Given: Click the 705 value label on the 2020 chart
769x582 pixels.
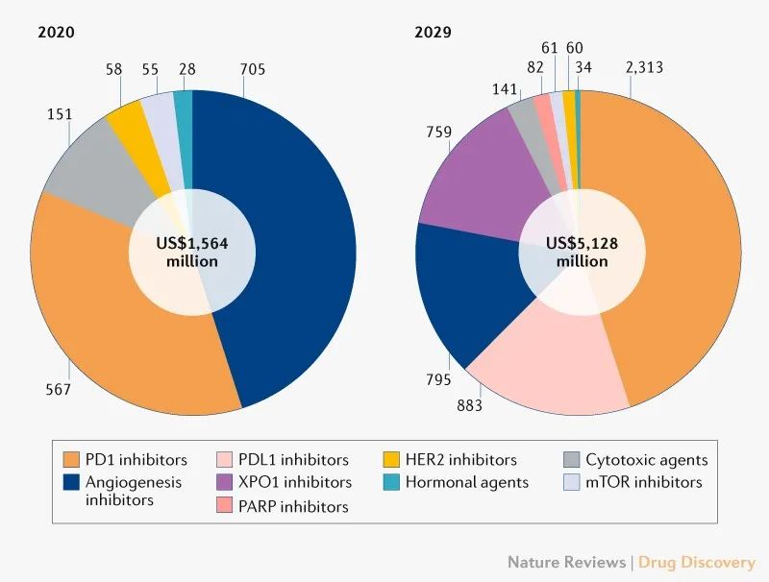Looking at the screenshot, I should (x=253, y=69).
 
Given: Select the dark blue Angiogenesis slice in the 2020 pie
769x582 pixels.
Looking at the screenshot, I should (x=288, y=240).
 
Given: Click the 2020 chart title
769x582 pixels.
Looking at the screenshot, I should (x=56, y=33).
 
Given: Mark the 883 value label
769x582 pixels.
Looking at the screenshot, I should (x=468, y=406).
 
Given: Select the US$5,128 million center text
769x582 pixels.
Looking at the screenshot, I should (x=582, y=253).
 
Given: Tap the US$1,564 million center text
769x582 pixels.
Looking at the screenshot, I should (x=192, y=253).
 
